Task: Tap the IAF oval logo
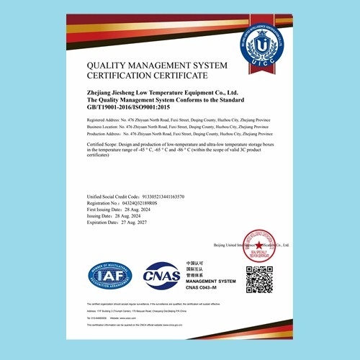coord(109,275)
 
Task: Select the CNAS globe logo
coord(161,275)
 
